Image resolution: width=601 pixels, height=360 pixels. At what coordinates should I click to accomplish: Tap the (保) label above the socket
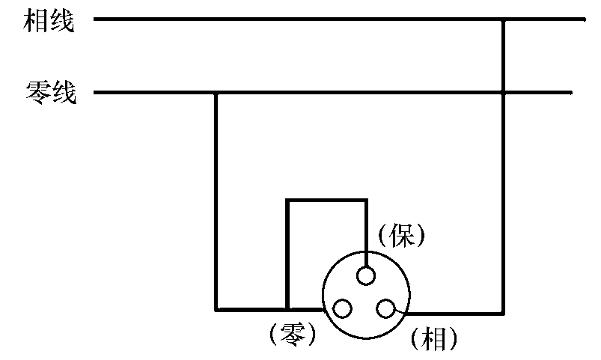[401, 237]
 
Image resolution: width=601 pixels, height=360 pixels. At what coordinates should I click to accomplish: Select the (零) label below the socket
[290, 335]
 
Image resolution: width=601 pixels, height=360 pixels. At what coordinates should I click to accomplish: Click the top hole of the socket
[365, 276]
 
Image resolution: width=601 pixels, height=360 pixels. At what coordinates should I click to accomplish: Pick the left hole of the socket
[342, 308]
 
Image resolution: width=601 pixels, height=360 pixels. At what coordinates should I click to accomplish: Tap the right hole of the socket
[386, 308]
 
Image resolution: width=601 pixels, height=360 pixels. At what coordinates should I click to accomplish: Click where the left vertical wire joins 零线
[216, 94]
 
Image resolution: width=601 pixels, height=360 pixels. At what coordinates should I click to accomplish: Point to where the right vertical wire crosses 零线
[504, 94]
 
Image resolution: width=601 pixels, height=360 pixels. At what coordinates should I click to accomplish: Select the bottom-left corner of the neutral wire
[216, 309]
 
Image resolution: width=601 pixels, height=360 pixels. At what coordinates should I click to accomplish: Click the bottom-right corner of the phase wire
[504, 311]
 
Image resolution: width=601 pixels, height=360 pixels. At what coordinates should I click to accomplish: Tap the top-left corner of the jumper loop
[287, 200]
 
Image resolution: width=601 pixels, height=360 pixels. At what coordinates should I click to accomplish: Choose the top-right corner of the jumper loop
[366, 200]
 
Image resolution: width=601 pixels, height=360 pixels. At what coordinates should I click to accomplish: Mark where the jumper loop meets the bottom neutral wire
[287, 309]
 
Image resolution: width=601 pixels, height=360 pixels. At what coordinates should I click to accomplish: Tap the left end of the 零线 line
[94, 94]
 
